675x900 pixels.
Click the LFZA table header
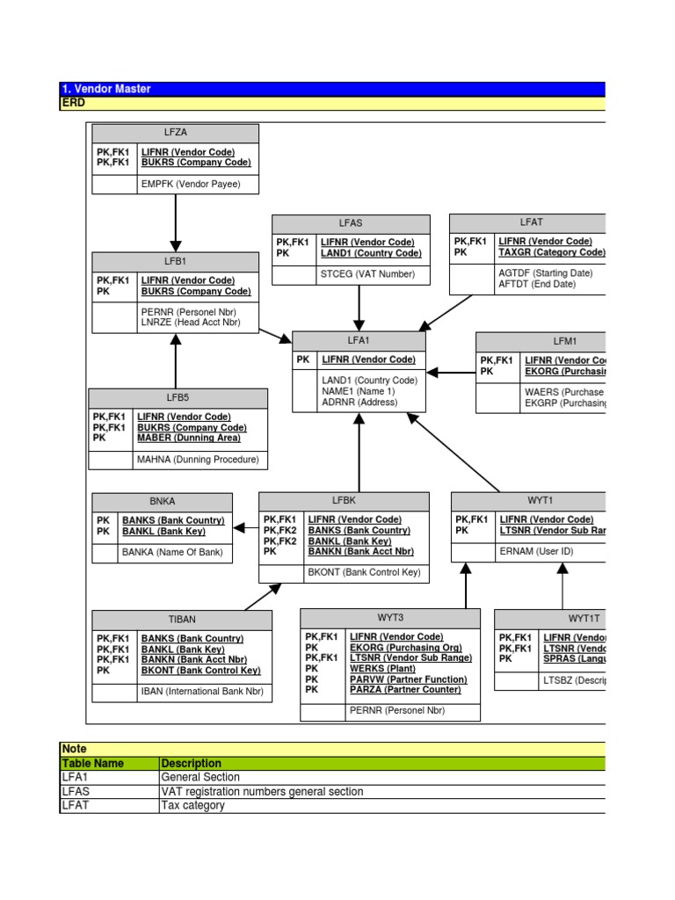click(175, 133)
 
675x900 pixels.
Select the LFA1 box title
click(359, 340)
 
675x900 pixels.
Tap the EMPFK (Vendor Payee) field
click(191, 185)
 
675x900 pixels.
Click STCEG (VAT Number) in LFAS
click(367, 274)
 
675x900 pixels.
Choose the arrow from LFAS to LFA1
click(359, 308)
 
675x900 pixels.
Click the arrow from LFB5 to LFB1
click(176, 360)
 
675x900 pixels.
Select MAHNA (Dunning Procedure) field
click(198, 460)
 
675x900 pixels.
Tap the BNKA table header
click(163, 502)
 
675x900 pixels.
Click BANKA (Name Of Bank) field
click(172, 553)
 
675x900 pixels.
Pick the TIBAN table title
click(182, 620)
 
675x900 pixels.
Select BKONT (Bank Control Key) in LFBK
click(363, 573)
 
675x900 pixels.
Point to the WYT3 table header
click(390, 618)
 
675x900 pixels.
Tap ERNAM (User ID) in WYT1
click(536, 552)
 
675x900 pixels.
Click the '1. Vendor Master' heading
click(106, 89)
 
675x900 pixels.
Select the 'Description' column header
click(192, 764)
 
